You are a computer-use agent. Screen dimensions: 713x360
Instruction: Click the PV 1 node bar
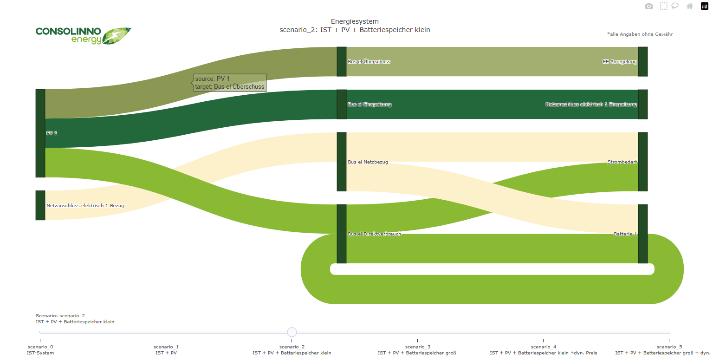40,133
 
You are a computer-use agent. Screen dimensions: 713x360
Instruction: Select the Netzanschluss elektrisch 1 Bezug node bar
40,205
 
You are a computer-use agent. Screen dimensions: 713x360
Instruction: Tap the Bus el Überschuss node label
369,61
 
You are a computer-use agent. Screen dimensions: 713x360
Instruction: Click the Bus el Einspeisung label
369,104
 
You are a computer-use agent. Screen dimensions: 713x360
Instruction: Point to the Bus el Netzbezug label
368,162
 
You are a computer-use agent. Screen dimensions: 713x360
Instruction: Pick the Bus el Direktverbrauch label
374,234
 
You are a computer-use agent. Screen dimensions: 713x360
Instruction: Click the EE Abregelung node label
619,61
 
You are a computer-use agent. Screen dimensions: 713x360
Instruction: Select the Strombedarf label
622,162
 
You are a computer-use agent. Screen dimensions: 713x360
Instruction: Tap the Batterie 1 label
625,234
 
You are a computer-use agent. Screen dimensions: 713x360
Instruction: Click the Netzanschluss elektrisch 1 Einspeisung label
591,104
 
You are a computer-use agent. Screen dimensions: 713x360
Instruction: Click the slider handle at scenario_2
292,332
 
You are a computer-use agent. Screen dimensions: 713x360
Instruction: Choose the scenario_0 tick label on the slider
40,350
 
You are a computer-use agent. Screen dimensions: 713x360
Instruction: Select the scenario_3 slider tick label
417,350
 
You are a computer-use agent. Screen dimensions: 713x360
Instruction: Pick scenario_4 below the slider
544,350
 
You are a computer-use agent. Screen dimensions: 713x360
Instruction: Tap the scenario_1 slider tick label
166,350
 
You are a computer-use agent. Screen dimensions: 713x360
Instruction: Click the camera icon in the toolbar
648,7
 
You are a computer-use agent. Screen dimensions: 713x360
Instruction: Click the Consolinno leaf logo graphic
117,36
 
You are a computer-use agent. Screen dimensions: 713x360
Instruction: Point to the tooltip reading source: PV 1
229,83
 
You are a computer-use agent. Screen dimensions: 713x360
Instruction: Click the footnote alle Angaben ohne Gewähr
640,34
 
